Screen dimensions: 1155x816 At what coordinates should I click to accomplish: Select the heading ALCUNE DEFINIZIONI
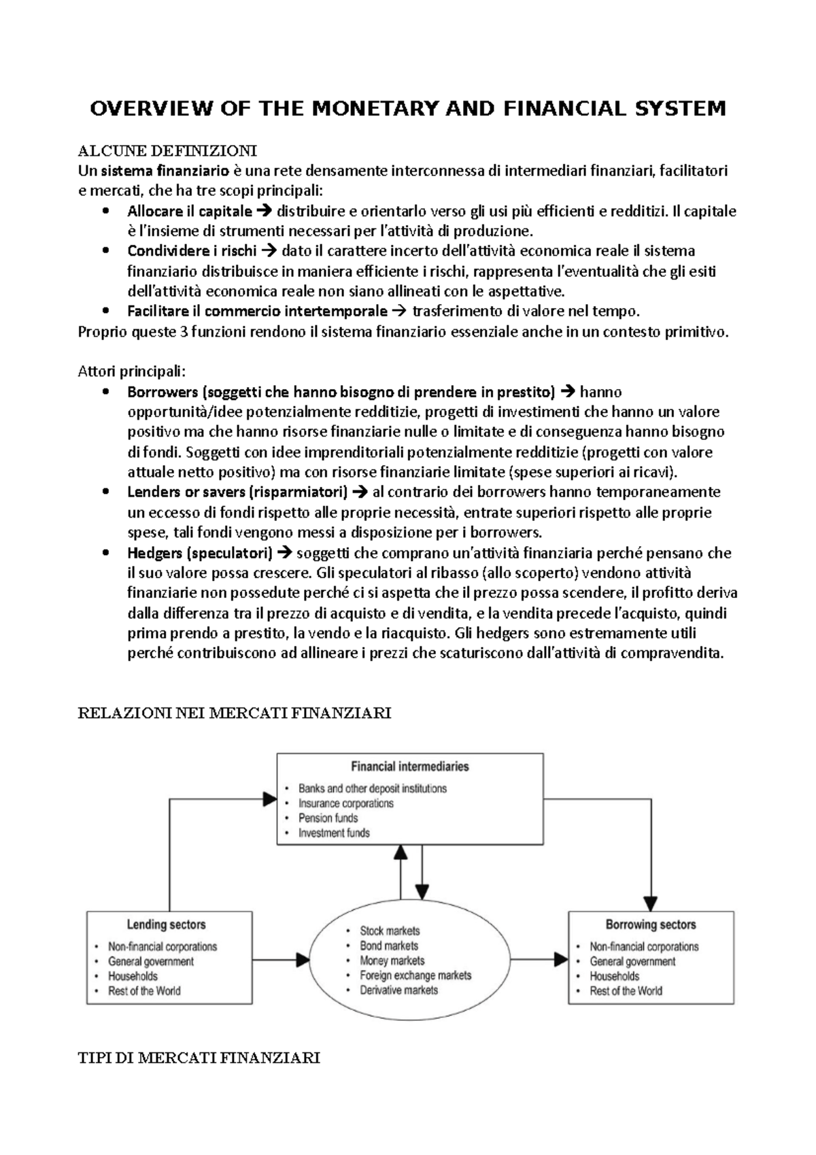(167, 150)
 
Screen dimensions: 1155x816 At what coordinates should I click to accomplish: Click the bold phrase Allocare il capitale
(189, 211)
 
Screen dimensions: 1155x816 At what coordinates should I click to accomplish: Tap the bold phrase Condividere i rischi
(192, 251)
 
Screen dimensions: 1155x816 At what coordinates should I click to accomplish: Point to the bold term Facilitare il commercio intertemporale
(257, 312)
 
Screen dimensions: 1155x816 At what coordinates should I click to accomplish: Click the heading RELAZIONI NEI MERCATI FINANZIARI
(235, 714)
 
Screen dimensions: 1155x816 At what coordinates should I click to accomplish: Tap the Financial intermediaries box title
(409, 767)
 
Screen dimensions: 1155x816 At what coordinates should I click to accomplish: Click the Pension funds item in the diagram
(328, 818)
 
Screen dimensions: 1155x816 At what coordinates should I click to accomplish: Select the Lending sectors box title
(166, 924)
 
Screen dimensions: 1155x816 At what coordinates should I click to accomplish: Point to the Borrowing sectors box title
(650, 924)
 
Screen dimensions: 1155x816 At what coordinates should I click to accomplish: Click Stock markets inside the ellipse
(390, 931)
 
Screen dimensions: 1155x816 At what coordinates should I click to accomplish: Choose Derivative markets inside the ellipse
(398, 990)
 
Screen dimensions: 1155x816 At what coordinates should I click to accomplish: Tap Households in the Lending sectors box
(133, 976)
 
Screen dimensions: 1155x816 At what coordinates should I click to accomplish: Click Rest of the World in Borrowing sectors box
(626, 991)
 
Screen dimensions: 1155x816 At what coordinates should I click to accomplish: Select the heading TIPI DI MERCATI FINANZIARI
(199, 1058)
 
